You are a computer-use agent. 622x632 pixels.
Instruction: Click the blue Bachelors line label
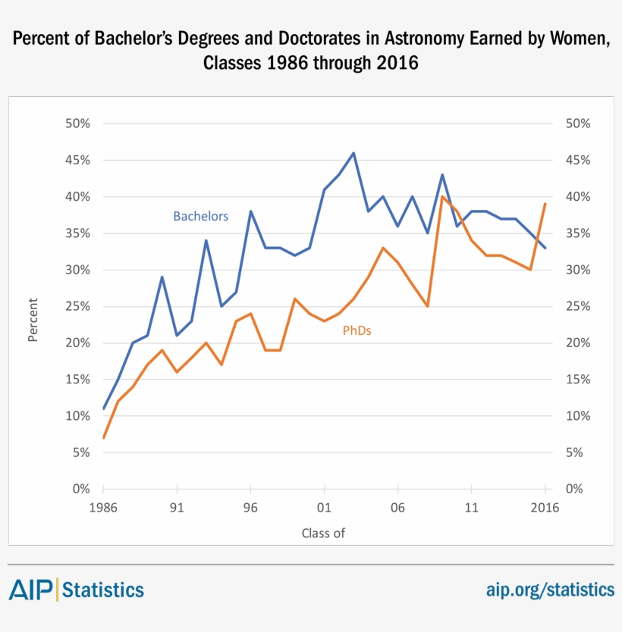(x=200, y=216)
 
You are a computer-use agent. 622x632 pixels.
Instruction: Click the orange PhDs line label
(x=357, y=330)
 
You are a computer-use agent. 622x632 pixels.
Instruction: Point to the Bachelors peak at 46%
(x=353, y=153)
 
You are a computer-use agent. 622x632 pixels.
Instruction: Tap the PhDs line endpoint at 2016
(x=545, y=204)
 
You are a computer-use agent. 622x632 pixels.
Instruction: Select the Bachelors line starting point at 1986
(x=103, y=408)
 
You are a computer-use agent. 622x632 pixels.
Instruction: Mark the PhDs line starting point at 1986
(x=103, y=438)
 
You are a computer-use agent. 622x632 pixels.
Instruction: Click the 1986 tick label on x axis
(x=103, y=508)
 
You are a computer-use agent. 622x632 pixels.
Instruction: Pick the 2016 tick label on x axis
(x=545, y=508)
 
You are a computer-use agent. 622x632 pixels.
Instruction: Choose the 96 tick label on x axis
(x=250, y=508)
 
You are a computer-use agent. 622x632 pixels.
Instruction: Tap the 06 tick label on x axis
(x=397, y=508)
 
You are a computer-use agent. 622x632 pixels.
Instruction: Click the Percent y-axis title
(x=33, y=321)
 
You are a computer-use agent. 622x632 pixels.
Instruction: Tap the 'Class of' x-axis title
(x=323, y=533)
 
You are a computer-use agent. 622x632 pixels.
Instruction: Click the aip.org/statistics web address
(x=550, y=589)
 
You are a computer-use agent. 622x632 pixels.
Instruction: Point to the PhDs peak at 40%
(x=442, y=196)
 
